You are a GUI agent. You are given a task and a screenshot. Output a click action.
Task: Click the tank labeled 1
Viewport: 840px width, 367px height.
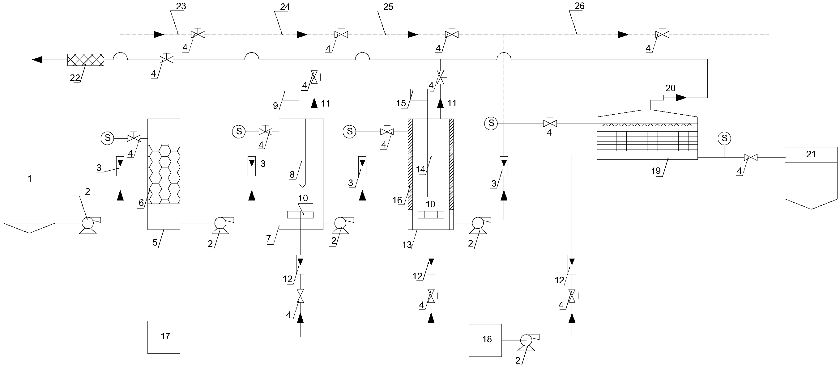[29, 202]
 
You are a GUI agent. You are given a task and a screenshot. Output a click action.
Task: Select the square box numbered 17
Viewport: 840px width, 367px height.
[164, 337]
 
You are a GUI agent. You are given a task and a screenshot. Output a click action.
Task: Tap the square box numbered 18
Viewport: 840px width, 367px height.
[485, 340]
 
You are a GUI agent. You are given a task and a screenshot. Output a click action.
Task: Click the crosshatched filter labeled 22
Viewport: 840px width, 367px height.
[86, 60]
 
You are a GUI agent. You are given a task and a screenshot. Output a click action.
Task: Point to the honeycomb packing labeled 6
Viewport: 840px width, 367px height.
[164, 174]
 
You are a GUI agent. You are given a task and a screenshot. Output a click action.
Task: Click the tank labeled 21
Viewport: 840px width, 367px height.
[811, 178]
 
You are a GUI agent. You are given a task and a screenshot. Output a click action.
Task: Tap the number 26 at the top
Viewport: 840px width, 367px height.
[579, 6]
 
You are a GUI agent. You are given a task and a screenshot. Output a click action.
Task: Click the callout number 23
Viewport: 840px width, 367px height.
[181, 7]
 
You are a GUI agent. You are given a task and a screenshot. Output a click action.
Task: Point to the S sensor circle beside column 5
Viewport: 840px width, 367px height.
[107, 138]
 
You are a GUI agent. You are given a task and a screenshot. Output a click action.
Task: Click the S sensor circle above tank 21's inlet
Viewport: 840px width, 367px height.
[724, 138]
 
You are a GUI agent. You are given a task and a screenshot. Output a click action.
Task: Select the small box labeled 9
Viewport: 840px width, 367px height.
[291, 95]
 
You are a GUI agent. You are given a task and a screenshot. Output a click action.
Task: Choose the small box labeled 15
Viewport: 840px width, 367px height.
[419, 95]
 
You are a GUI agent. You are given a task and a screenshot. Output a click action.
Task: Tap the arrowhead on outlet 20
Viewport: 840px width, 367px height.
[681, 97]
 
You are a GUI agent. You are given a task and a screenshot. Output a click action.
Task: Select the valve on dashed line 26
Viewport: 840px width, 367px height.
[662, 34]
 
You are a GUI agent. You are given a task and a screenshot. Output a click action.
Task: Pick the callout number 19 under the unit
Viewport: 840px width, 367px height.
[656, 171]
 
